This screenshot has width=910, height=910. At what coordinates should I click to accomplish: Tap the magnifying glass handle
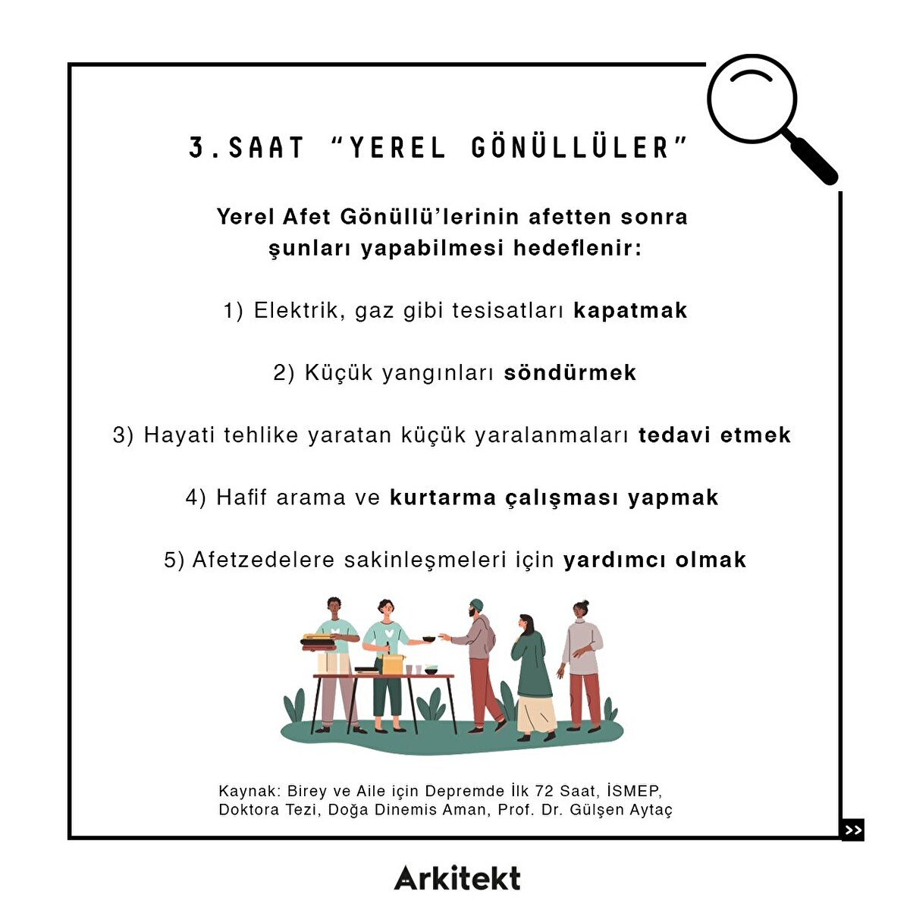tap(810, 158)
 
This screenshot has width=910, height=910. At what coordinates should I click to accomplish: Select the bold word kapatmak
tap(630, 311)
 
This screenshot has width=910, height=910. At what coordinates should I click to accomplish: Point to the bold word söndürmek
tap(570, 372)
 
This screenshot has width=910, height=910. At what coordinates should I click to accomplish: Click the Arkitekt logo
tap(457, 878)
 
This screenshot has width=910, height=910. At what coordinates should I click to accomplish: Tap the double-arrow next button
tap(852, 830)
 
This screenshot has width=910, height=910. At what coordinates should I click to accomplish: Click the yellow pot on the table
tap(393, 664)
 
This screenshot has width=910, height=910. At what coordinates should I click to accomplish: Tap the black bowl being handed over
tap(428, 639)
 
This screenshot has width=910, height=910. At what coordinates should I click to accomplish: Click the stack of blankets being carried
tap(317, 642)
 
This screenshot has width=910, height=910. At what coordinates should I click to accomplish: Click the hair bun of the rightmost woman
tap(585, 603)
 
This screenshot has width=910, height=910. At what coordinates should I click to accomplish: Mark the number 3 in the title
tap(196, 147)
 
